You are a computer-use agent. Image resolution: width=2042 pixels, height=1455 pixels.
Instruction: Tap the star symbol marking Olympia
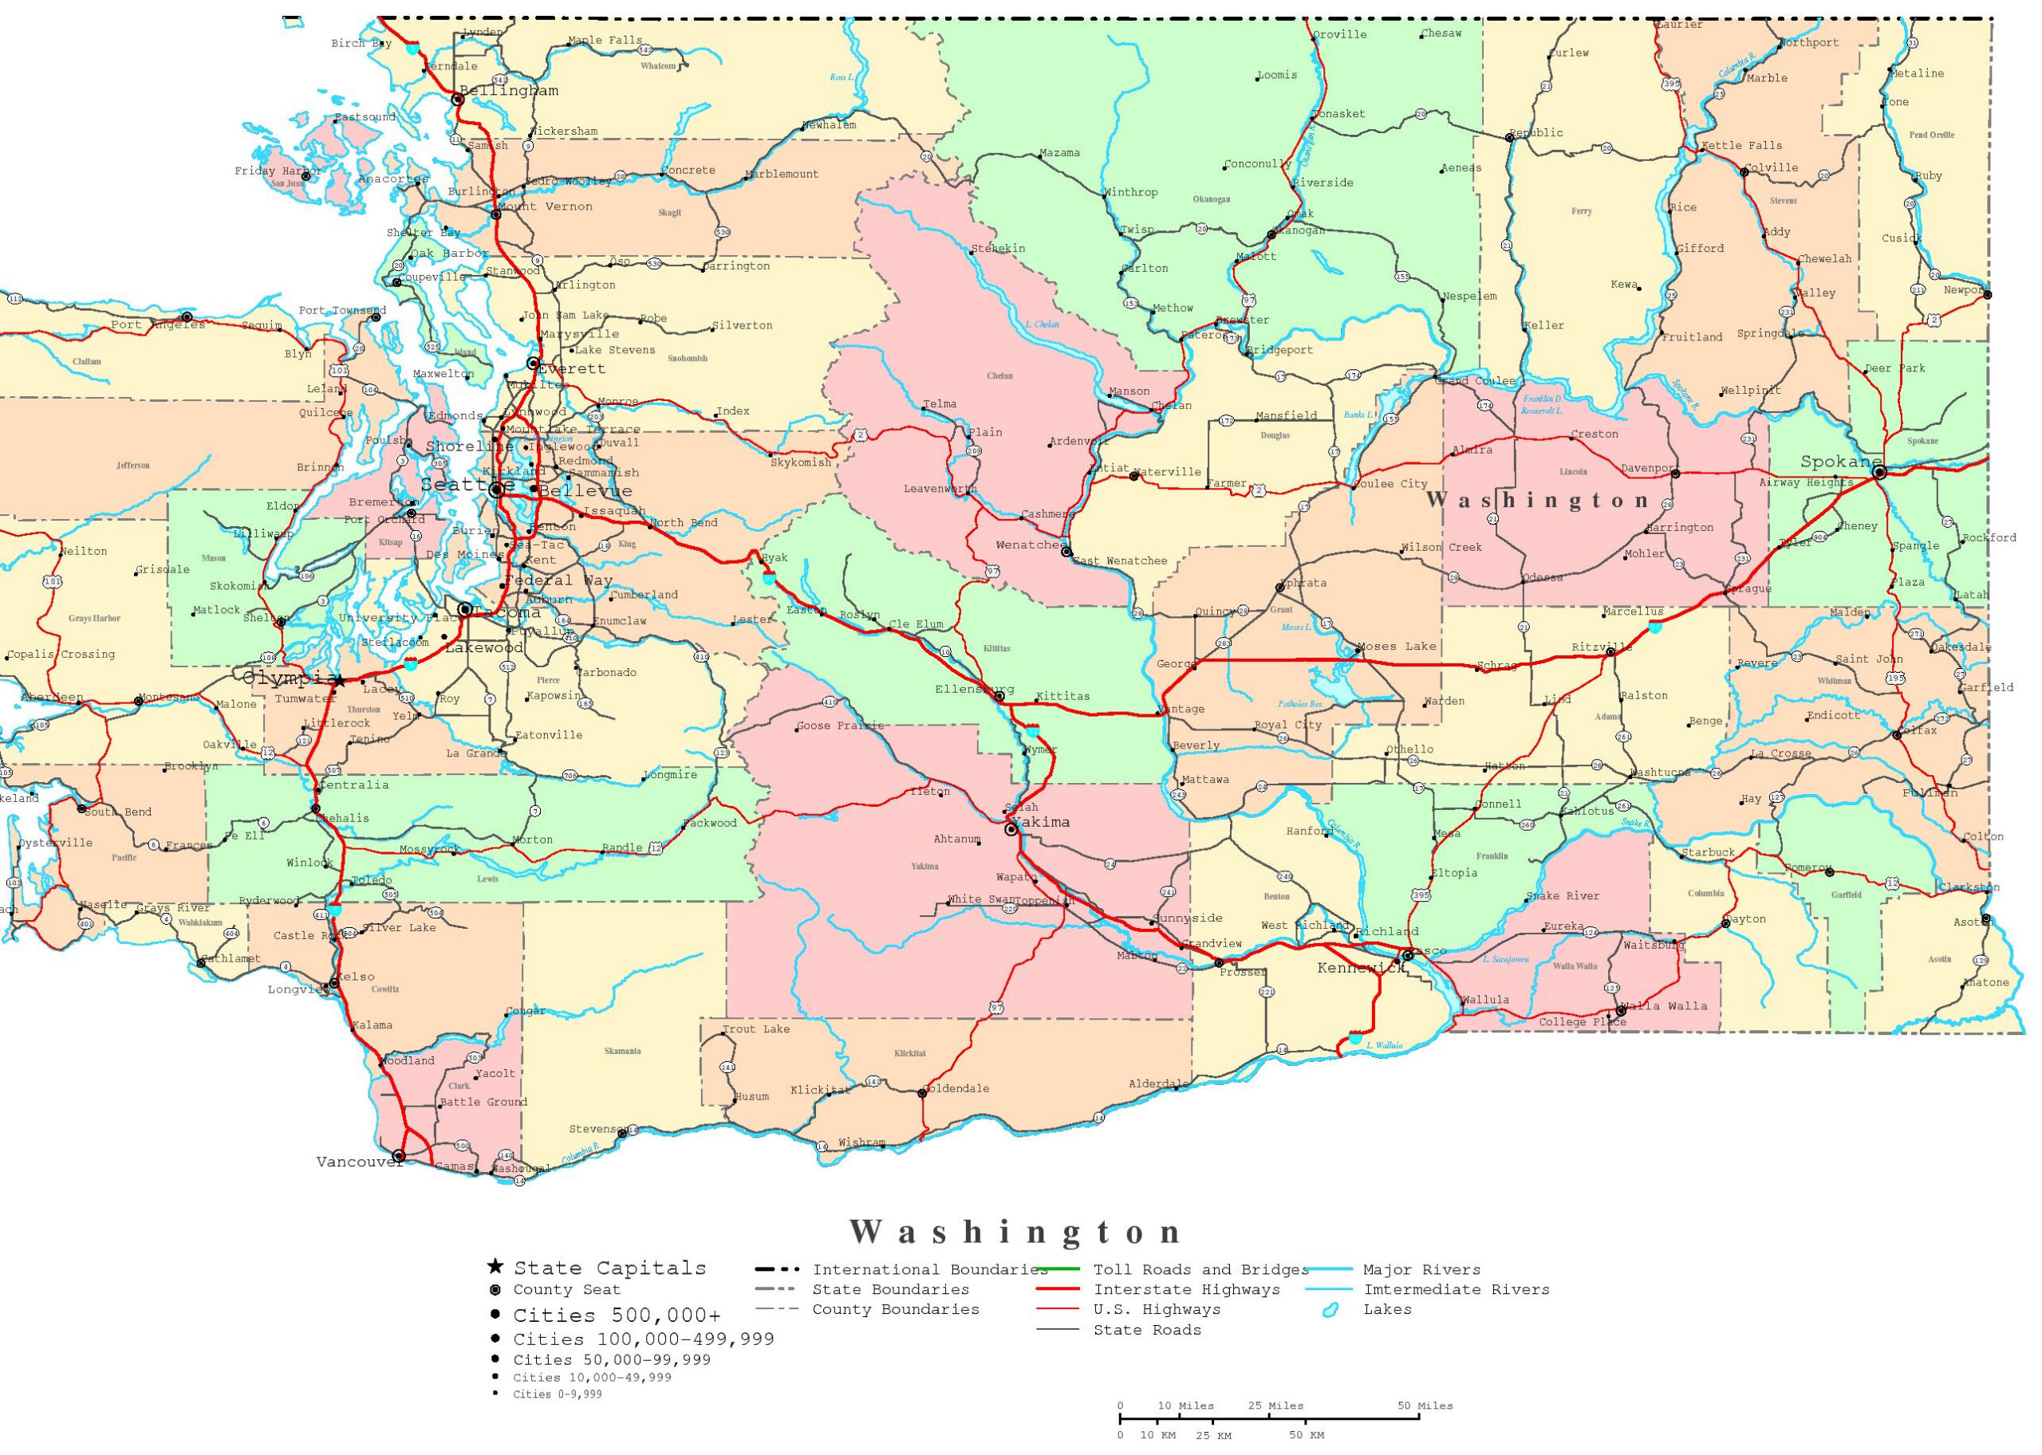coord(339,681)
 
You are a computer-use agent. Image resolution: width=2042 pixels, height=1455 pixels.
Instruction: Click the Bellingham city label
coord(509,91)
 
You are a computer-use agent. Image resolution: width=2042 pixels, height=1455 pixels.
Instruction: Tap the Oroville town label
coord(1340,35)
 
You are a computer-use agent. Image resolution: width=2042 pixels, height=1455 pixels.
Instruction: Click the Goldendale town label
coord(956,1088)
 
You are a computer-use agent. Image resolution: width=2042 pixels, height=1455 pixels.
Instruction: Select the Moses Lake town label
coord(1396,646)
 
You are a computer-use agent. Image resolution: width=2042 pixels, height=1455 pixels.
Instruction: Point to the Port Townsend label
coord(341,311)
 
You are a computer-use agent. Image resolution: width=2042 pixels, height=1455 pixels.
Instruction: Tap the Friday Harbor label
coord(278,171)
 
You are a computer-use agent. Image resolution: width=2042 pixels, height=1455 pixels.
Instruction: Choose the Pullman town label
coord(1930,793)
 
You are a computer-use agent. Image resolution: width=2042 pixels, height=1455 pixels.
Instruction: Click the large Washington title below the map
coord(1015,1233)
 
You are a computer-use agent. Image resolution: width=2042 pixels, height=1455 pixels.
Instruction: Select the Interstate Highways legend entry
coord(1186,1289)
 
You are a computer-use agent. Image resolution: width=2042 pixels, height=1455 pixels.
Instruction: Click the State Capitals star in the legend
coord(495,1267)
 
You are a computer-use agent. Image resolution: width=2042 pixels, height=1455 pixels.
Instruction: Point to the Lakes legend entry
coord(1387,1309)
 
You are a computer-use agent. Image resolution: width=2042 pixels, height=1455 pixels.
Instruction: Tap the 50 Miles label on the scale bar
coord(1425,1406)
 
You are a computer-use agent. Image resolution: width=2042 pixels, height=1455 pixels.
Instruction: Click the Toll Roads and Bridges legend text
coord(1200,1269)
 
